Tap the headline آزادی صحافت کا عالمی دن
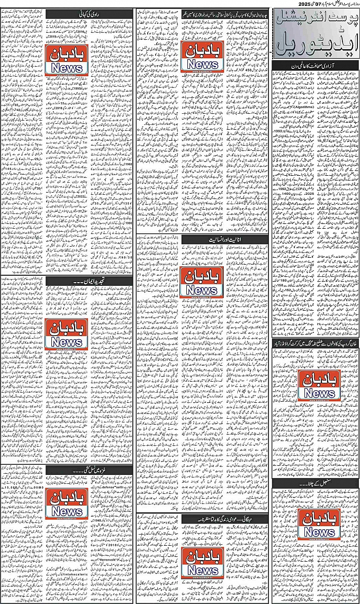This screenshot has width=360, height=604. click(x=317, y=66)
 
